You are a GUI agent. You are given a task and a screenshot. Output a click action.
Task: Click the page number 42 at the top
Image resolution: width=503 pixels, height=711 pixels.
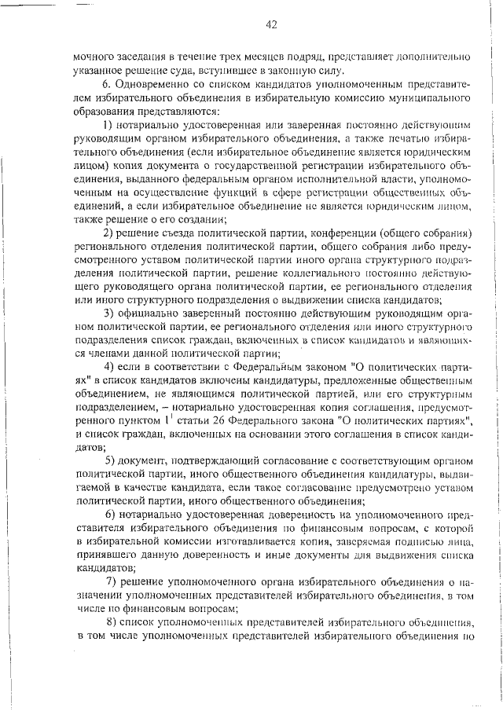click(x=271, y=25)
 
